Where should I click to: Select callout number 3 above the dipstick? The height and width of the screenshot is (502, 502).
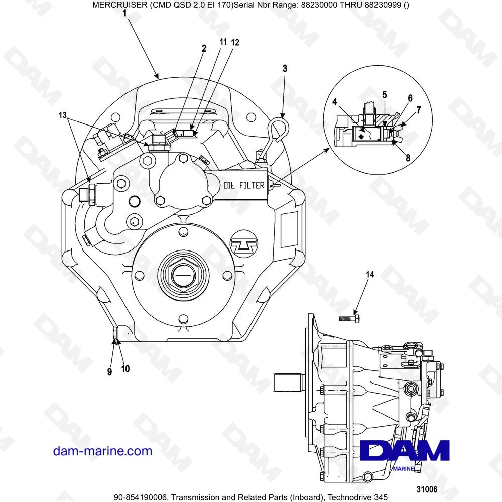tap(285, 69)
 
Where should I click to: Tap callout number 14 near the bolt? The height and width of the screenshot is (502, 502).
tap(369, 275)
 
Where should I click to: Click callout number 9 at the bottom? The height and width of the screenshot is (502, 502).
tap(109, 372)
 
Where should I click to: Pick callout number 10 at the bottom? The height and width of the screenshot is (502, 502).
tap(125, 369)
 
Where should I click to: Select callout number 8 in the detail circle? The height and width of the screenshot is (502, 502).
tap(408, 158)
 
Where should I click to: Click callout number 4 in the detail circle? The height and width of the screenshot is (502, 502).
tap(334, 101)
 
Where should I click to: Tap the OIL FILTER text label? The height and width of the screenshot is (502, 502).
tap(243, 185)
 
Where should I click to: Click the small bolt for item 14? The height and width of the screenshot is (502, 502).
tap(349, 319)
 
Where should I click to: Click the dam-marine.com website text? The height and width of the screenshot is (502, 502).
tap(102, 451)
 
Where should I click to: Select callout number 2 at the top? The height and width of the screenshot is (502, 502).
tap(204, 49)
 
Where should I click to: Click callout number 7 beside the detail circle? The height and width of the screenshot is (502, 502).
tap(419, 109)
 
